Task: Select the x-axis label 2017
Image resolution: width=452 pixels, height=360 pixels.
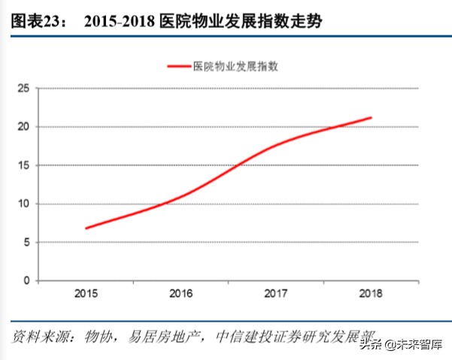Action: click(x=276, y=294)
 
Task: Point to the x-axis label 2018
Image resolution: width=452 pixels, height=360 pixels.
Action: click(x=370, y=294)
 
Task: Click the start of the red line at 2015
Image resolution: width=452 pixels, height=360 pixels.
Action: click(x=87, y=228)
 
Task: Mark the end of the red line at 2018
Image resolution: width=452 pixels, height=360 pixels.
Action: click(x=371, y=117)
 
